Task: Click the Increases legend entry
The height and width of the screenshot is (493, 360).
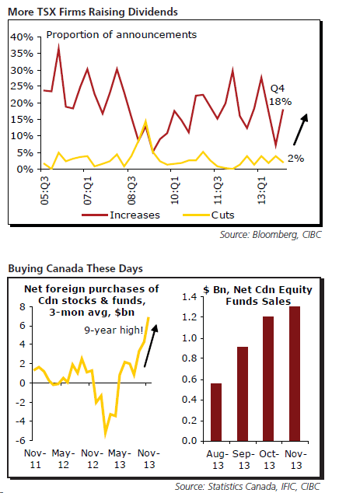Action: [121, 215]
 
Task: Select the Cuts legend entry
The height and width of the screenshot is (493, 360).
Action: [208, 215]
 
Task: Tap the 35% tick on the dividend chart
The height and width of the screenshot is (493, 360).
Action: [22, 54]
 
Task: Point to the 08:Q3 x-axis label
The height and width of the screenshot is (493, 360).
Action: [131, 191]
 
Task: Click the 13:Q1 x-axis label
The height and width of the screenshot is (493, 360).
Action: [261, 191]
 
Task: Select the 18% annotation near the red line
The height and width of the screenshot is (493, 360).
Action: [280, 102]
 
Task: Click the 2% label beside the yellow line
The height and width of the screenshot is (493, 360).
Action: [296, 158]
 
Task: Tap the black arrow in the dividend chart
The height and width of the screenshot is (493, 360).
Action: [300, 129]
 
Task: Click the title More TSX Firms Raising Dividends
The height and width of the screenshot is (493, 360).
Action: [93, 12]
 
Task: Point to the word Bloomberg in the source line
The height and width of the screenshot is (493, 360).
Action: [274, 235]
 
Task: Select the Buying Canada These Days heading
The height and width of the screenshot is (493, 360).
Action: [75, 268]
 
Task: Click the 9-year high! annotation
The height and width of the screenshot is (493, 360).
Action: [114, 330]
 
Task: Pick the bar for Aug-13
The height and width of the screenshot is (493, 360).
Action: [216, 412]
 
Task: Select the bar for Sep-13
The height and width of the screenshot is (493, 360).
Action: [243, 394]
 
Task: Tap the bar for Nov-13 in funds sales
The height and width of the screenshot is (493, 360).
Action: [295, 374]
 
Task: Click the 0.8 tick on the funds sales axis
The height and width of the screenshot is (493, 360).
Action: [190, 358]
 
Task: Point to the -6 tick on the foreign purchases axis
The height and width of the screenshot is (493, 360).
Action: [21, 440]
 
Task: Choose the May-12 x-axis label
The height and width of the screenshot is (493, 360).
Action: [63, 459]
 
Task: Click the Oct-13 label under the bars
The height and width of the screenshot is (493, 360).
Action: [269, 460]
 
